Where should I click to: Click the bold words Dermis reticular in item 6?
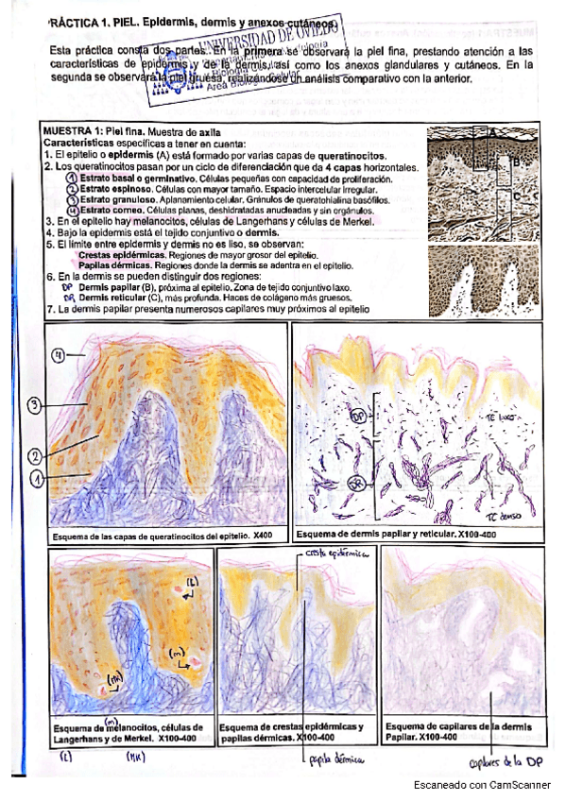pyautogui.click(x=117, y=297)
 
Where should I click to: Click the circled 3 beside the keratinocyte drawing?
pyautogui.click(x=34, y=406)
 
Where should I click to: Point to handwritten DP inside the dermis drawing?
pyautogui.click(x=358, y=416)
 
